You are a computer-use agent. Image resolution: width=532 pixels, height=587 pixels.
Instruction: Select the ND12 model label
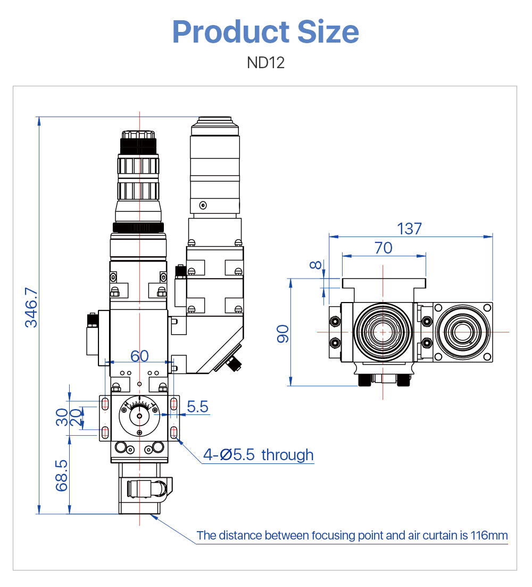tap(265, 63)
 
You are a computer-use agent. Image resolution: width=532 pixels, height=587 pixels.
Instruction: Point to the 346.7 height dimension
tap(31, 307)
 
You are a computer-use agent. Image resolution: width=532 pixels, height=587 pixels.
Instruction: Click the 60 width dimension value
tap(139, 356)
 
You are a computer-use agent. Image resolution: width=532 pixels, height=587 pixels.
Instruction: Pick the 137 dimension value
tap(410, 229)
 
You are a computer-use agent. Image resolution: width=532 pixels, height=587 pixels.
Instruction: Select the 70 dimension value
tap(383, 248)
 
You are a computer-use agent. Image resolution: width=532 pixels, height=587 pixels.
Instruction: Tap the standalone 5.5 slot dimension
tap(197, 407)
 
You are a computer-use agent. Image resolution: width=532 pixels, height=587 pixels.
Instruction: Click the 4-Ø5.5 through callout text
tap(259, 455)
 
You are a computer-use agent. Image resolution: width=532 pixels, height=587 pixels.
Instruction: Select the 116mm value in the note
tap(489, 535)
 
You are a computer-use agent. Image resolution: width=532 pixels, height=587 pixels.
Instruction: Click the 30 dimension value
tap(62, 418)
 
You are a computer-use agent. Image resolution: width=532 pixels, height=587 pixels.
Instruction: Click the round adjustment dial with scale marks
tap(139, 416)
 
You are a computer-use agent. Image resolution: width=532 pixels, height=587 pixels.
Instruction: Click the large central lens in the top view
tap(382, 331)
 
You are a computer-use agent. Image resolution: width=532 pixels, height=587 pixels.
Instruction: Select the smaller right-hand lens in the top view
tap(461, 331)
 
